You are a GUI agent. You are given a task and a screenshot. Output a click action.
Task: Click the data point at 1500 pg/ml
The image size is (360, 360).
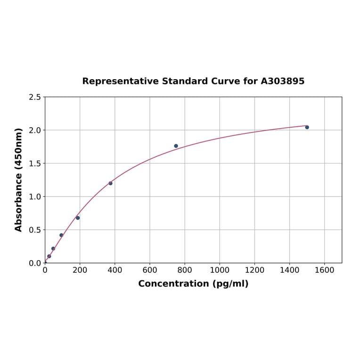307,127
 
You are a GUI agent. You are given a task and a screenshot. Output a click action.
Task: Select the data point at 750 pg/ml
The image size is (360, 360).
176,146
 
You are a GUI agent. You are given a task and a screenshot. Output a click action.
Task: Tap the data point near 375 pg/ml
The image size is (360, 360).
110,183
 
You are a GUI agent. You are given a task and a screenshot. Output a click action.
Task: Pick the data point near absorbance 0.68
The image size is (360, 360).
78,218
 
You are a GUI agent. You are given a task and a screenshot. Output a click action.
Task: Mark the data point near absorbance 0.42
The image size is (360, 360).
61,235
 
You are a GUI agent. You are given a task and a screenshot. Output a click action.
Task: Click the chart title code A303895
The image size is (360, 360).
282,82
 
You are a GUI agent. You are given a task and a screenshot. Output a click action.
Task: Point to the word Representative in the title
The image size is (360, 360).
120,82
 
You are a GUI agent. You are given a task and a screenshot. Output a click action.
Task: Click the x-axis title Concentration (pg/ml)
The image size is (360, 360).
193,284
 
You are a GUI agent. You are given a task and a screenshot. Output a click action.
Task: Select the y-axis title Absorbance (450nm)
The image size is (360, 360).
19,180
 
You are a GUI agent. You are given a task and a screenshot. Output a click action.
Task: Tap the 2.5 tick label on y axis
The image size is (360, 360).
35,97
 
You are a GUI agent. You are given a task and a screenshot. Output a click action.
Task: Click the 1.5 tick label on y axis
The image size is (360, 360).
35,164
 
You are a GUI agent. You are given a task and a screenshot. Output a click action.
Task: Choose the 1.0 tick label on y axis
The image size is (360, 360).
35,196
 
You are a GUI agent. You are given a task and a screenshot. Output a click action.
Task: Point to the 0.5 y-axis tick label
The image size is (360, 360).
35,230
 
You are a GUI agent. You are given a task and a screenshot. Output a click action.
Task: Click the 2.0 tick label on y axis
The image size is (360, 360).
35,130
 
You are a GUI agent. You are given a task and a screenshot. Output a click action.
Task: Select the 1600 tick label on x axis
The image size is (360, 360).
324,270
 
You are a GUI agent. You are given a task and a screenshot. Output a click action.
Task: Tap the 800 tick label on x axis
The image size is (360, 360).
185,270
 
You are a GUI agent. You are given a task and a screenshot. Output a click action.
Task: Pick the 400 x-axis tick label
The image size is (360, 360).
115,270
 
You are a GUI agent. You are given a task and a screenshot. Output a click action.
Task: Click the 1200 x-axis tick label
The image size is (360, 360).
254,270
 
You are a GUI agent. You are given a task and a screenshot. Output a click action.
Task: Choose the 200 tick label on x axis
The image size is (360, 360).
80,270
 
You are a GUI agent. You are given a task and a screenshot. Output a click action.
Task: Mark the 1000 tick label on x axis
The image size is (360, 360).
220,270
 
